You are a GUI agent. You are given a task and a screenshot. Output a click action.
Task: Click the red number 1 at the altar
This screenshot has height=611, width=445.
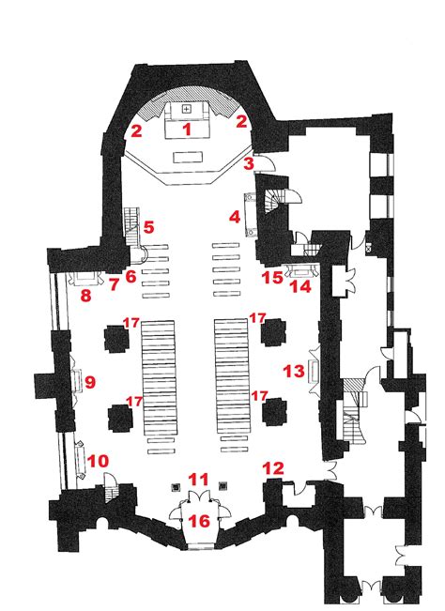(x=188, y=129)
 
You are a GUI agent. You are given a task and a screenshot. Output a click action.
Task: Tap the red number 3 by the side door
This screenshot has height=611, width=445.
(x=249, y=163)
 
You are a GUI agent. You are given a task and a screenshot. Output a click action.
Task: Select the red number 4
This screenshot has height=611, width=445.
(x=234, y=217)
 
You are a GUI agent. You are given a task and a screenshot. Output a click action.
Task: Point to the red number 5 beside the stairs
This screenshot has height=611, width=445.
(x=148, y=227)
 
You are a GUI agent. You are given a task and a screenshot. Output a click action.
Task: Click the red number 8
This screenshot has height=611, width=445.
(x=85, y=296)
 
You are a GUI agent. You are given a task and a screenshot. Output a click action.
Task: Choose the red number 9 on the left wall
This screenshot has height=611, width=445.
(x=90, y=382)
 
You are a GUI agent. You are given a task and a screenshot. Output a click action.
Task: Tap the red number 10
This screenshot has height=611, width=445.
(x=98, y=462)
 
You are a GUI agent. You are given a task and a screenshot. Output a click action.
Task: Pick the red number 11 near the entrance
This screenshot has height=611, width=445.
(x=199, y=480)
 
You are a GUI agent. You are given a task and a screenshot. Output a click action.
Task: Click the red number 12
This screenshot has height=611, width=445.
(x=273, y=468)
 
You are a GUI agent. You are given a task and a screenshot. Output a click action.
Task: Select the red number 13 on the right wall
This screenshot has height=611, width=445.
(x=294, y=371)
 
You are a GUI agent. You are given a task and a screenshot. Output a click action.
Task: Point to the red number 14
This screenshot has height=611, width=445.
(x=301, y=287)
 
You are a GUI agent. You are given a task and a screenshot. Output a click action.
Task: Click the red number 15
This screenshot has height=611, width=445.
(x=272, y=278)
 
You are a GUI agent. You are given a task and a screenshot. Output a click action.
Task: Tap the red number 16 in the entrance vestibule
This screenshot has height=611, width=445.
(x=199, y=521)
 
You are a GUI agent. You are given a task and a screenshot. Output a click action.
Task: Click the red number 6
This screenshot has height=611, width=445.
(x=130, y=277)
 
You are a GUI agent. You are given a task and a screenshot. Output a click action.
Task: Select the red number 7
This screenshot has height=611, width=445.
(x=114, y=284)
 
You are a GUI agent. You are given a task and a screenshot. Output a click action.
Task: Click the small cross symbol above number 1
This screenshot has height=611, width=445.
(x=187, y=109)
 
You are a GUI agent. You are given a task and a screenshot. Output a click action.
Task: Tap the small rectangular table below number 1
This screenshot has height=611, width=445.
(x=188, y=158)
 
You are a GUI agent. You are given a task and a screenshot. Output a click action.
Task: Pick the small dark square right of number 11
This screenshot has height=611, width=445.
(x=222, y=486)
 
